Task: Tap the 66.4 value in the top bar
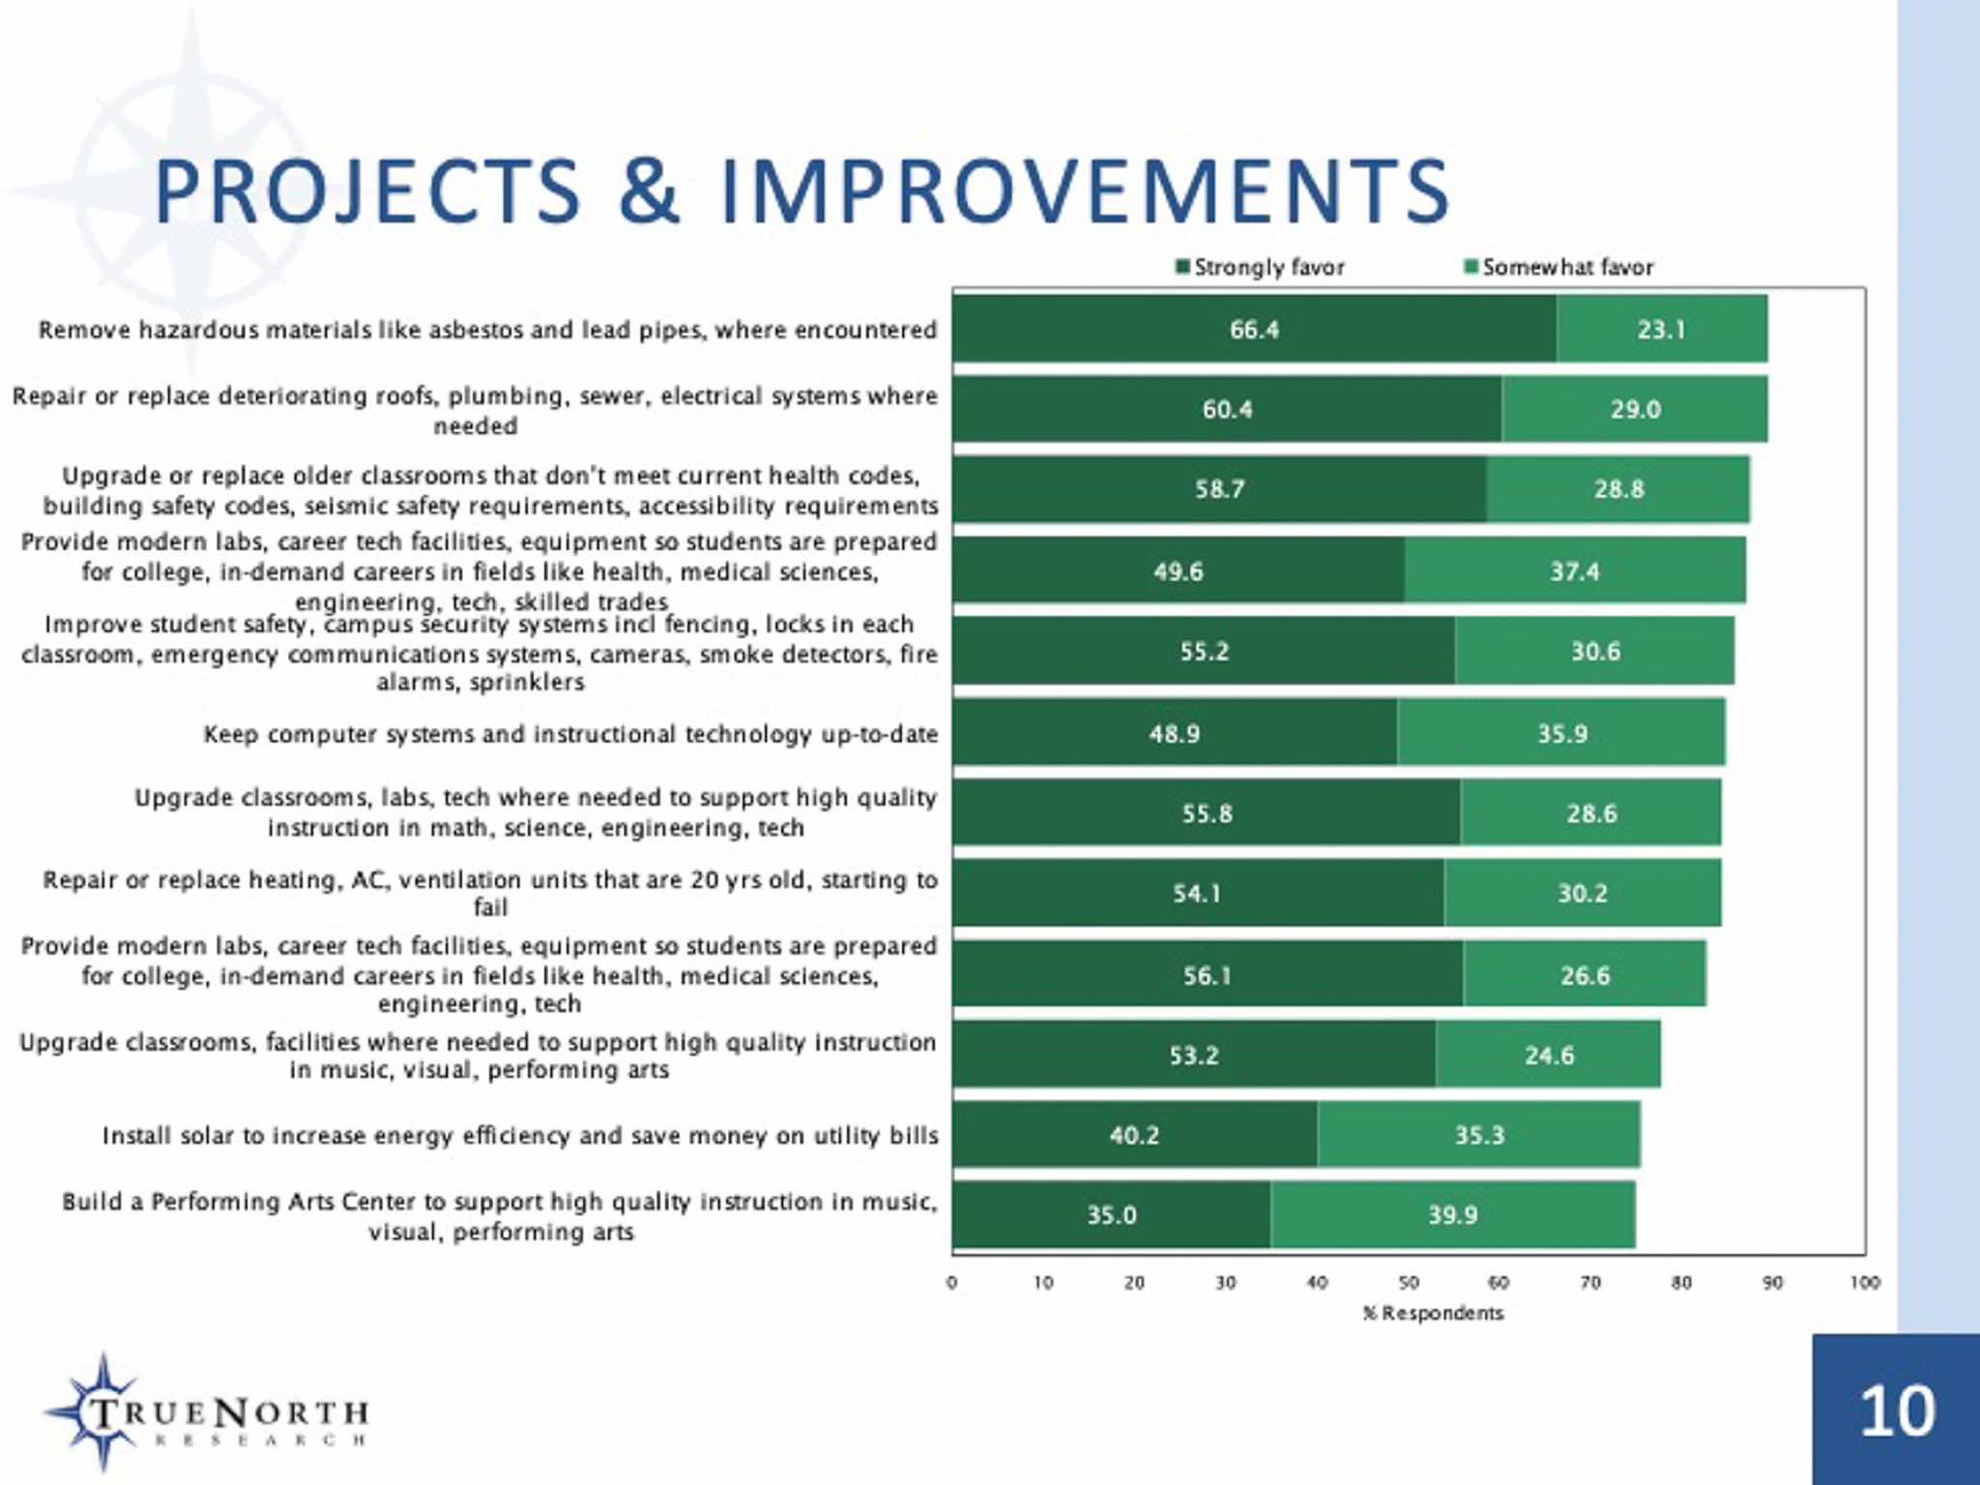click(x=1254, y=331)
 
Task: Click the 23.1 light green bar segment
click(x=1661, y=331)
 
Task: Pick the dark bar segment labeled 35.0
click(x=1111, y=1215)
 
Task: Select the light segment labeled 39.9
click(x=1452, y=1215)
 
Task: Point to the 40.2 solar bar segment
click(x=1133, y=1135)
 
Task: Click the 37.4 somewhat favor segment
click(x=1574, y=572)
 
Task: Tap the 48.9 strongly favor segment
click(x=1174, y=735)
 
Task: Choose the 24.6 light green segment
click(x=1549, y=1056)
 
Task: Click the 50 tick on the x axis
click(x=1409, y=1283)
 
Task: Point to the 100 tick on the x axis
click(x=1865, y=1283)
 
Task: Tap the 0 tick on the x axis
click(x=952, y=1283)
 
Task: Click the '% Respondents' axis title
click(x=1433, y=1313)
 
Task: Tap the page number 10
click(x=1897, y=1412)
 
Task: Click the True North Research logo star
click(x=102, y=1411)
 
